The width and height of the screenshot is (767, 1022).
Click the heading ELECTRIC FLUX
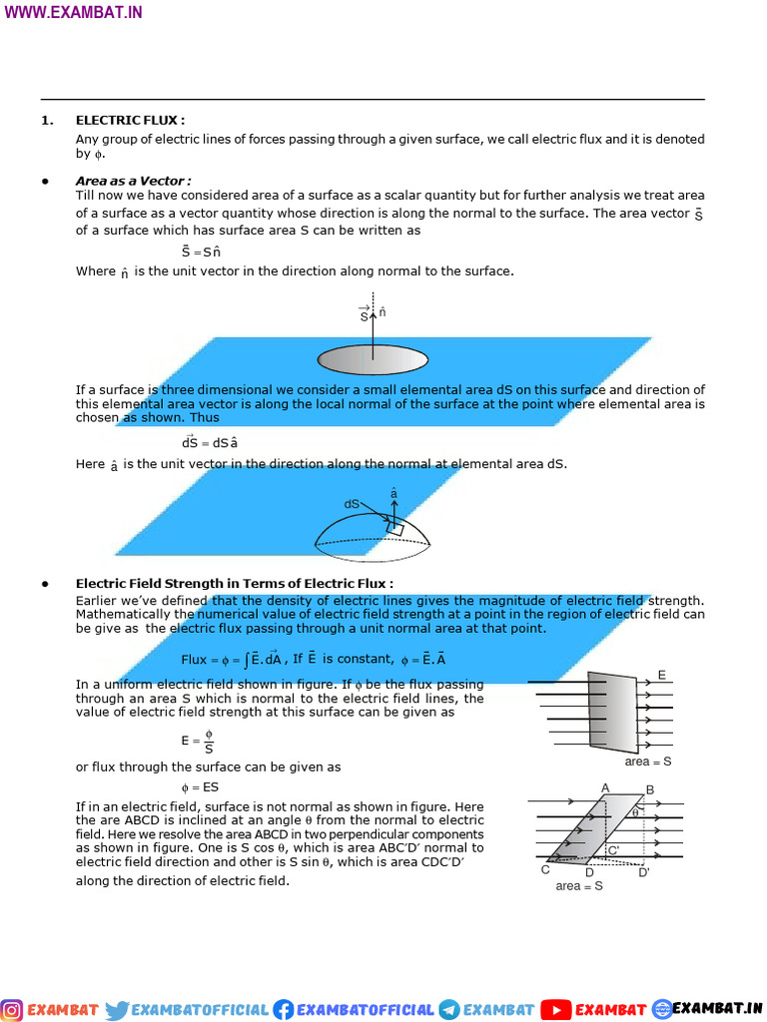[x=130, y=120]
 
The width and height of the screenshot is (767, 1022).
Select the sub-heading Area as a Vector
[x=133, y=181]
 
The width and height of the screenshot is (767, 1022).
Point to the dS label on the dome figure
[x=352, y=504]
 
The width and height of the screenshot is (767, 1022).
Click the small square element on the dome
[x=395, y=526]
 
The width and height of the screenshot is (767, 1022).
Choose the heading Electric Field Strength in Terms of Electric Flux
[x=234, y=583]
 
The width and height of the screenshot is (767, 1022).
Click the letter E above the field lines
[x=661, y=676]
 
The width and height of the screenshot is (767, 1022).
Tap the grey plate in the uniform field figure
[x=612, y=712]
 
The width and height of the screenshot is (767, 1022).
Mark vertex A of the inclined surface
[x=605, y=788]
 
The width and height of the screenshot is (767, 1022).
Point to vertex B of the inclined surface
[x=650, y=790]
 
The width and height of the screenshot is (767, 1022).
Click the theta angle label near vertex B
[x=636, y=812]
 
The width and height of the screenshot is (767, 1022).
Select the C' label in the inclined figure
[x=613, y=850]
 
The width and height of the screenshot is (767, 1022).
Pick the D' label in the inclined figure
[x=644, y=871]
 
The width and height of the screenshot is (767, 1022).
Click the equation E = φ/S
[x=198, y=741]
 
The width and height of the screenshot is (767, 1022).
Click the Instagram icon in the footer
[x=13, y=1009]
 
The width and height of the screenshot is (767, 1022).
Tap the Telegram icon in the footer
[x=448, y=1009]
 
